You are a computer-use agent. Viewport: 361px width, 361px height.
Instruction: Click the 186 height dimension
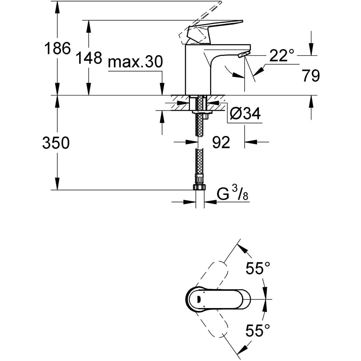(x=57, y=48)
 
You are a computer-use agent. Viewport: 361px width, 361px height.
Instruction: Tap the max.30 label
(x=135, y=62)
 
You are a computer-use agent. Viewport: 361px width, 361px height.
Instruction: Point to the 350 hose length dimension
(x=56, y=143)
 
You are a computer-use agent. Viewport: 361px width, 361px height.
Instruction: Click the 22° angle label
(x=282, y=55)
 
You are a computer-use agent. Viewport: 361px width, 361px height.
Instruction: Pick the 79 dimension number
(x=311, y=75)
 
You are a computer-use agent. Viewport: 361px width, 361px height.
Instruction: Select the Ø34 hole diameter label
(x=245, y=113)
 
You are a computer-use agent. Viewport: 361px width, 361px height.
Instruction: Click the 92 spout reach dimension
(x=221, y=142)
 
